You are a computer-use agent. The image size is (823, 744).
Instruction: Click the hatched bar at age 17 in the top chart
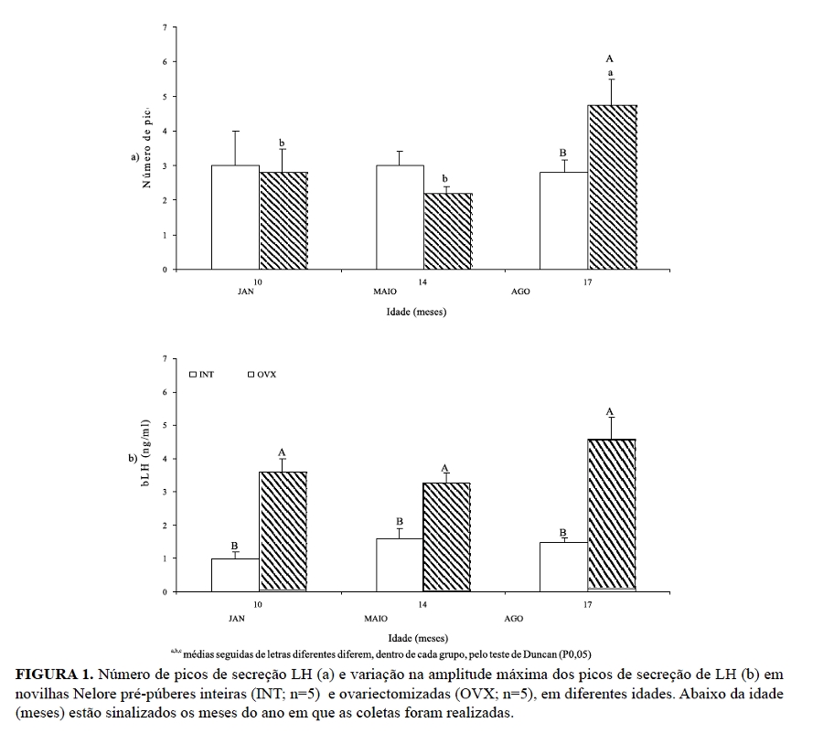[613, 187]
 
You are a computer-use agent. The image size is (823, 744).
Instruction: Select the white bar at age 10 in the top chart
[235, 218]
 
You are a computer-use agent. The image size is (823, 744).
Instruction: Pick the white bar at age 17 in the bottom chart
[563, 567]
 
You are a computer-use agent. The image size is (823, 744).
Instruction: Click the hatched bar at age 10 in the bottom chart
[283, 531]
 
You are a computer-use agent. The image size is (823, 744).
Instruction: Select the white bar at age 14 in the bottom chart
[399, 565]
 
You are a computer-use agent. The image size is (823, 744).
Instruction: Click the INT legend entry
[202, 374]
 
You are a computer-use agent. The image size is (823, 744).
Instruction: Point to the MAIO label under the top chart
[385, 292]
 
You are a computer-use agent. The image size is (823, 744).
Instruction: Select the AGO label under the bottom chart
[514, 619]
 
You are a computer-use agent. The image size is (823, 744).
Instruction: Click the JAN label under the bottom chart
[237, 619]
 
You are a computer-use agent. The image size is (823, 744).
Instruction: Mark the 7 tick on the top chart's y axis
[166, 27]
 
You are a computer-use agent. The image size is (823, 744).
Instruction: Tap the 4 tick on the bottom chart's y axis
[166, 459]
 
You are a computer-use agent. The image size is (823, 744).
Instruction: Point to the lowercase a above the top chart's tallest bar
[610, 72]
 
